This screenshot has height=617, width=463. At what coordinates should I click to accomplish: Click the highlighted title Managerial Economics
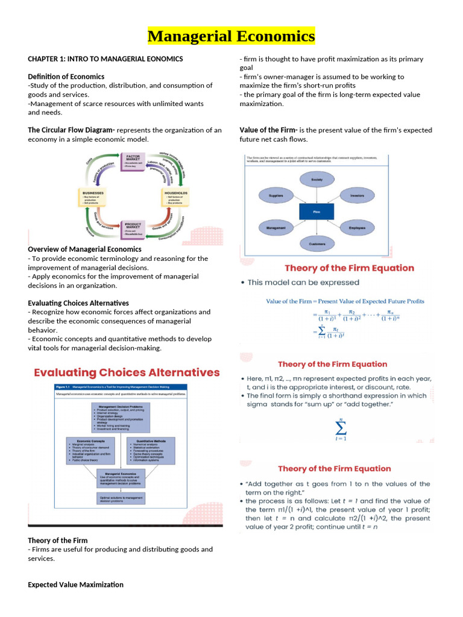(x=231, y=36)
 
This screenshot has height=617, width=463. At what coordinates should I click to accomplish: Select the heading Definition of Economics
(x=66, y=77)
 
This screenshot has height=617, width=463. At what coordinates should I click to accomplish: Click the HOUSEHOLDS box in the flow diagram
(x=176, y=198)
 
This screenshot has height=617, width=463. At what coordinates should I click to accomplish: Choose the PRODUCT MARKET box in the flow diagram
(x=134, y=228)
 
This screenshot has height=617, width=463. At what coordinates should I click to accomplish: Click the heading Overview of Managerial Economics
(x=84, y=249)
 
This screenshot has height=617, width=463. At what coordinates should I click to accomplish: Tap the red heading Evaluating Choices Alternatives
(x=127, y=372)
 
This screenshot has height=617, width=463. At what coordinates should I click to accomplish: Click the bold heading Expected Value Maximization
(x=75, y=584)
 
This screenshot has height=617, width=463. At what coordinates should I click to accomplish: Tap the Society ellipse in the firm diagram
(x=317, y=180)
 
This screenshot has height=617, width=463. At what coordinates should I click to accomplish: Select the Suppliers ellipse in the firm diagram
(x=276, y=196)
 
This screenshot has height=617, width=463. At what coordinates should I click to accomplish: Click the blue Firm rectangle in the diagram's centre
(x=317, y=212)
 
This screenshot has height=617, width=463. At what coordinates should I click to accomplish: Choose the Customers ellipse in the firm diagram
(x=317, y=245)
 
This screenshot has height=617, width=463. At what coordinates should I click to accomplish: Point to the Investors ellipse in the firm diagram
(x=357, y=196)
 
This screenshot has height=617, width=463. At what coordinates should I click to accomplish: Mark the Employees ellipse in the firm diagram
(x=357, y=228)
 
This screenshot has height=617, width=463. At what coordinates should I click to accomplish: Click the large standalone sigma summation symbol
(x=340, y=430)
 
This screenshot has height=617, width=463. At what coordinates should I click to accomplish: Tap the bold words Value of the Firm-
(x=268, y=130)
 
